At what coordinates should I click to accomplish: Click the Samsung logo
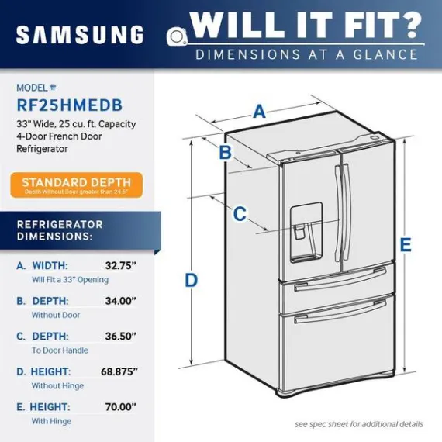coord(80,35)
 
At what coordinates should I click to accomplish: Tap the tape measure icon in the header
coord(177,36)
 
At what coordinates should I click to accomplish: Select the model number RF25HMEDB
coord(70,105)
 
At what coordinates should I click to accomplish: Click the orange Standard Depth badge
coord(77,185)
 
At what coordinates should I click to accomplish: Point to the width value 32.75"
coord(121,265)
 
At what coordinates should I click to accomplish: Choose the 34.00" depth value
coord(121,301)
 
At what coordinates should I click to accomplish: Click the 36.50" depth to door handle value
coord(121,336)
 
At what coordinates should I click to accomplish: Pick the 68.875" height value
coord(119,371)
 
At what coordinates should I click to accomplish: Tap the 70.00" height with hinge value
coord(121,407)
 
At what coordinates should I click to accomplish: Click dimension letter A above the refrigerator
coord(259,112)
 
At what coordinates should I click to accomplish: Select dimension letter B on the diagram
coord(226,152)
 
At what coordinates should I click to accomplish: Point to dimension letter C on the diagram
coord(240,214)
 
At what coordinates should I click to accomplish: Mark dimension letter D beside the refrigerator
coord(191,280)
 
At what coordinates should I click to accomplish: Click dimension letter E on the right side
coord(406,245)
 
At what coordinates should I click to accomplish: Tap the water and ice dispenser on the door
coord(306,233)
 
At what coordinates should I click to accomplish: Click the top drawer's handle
coord(340,279)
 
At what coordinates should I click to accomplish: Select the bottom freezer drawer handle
coord(340,311)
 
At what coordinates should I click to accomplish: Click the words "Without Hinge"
coord(57,385)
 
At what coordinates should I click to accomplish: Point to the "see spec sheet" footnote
coord(359,424)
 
